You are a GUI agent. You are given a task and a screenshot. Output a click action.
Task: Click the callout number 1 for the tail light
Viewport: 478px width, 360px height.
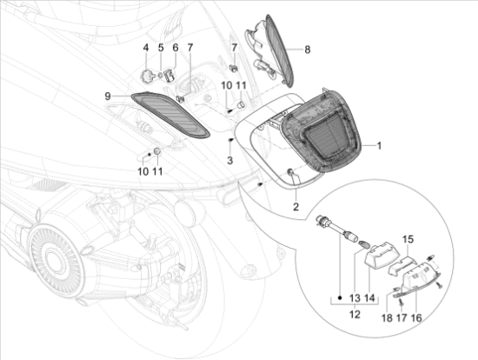[x=379, y=146]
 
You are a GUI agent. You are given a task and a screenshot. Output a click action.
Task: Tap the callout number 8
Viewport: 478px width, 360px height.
[x=308, y=50]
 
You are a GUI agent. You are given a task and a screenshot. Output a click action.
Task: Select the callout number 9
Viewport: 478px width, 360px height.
[x=108, y=97]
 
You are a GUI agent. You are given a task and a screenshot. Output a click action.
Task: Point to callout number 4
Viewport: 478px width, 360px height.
[x=146, y=48]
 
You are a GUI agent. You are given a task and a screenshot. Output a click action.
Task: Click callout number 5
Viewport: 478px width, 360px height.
[x=161, y=48]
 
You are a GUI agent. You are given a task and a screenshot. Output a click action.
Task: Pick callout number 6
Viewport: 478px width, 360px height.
[x=176, y=48]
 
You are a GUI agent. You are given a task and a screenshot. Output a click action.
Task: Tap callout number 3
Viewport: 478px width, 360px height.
[x=229, y=160]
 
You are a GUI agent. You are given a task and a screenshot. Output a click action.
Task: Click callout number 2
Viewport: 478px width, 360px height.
[x=295, y=207]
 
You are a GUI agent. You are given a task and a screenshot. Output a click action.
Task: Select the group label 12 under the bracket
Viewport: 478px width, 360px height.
[x=355, y=314]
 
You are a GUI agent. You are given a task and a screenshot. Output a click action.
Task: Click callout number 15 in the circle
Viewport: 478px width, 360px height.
[x=408, y=239]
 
